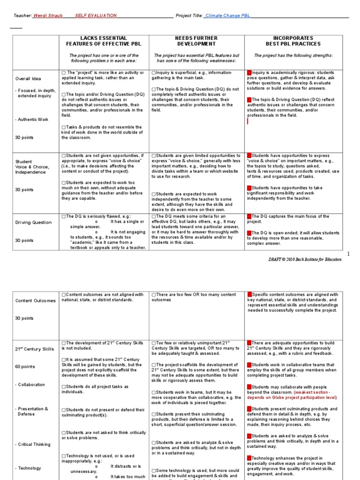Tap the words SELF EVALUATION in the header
pos(96,15)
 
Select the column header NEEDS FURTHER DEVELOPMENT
pos(196,41)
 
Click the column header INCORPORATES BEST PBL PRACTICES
pos(293,41)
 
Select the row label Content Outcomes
pos(35,301)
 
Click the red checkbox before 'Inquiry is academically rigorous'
pos(249,73)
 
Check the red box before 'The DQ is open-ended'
pos(249,233)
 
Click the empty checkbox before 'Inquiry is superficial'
pos(154,73)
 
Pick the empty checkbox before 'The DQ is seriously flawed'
pos(63,217)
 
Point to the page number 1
pos(348,254)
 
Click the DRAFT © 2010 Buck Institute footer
pos(312,259)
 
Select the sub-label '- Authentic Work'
pos(31,120)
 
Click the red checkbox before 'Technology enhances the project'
pos(249,458)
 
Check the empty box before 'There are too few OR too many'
pos(154,295)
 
